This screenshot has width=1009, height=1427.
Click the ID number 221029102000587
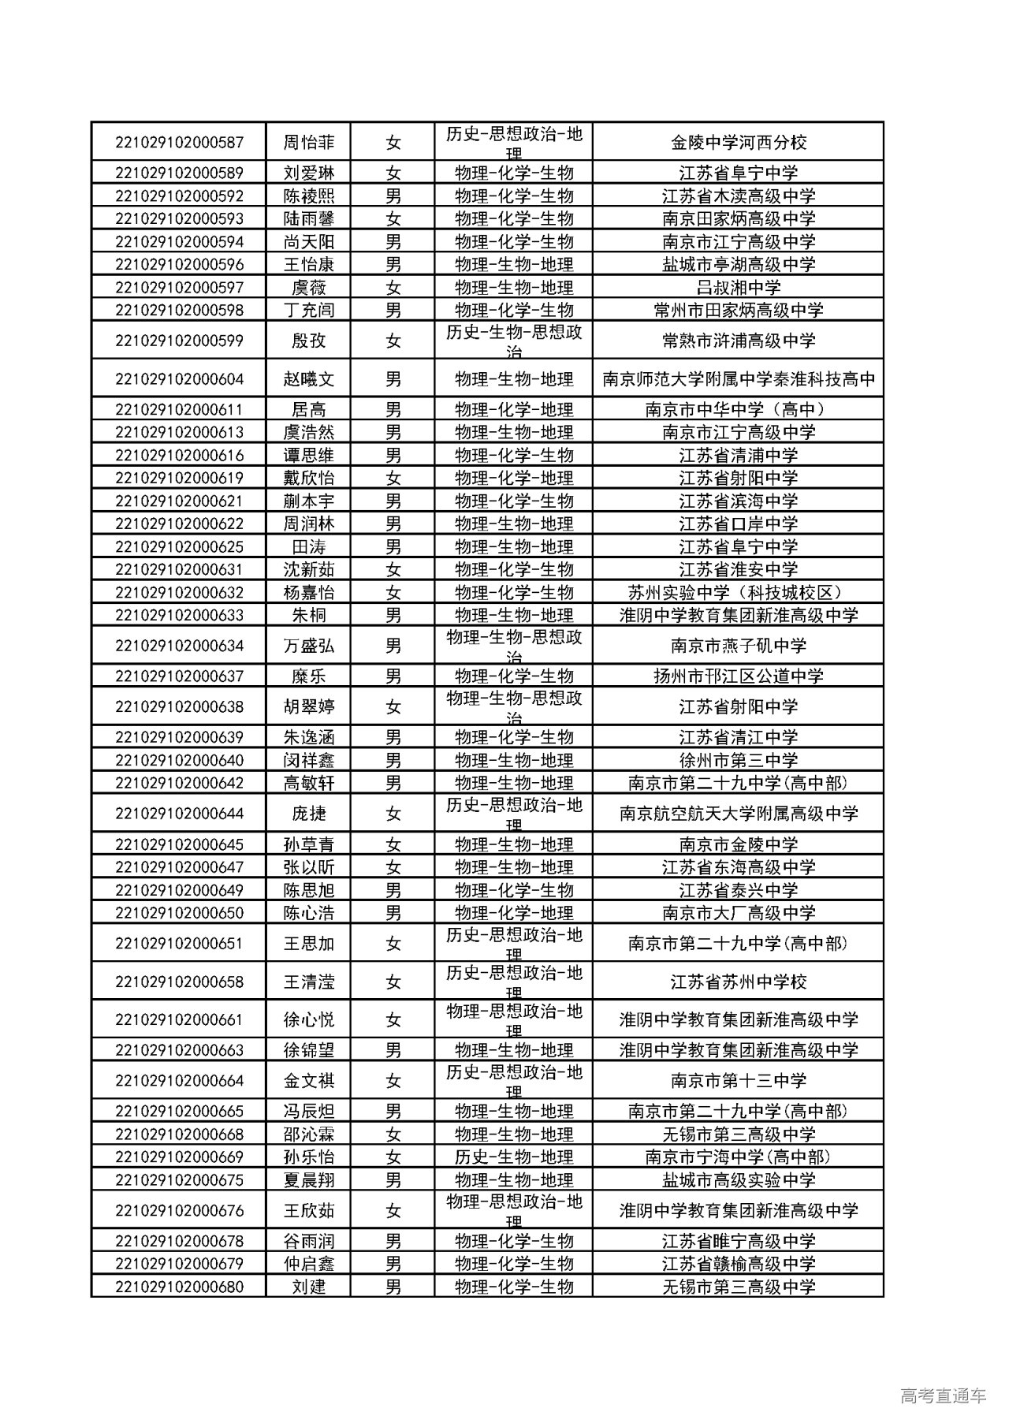coord(179,143)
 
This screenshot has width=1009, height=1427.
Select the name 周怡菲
coord(309,143)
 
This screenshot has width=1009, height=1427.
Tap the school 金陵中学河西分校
coord(739,143)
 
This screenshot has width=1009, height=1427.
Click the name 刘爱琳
coord(309,173)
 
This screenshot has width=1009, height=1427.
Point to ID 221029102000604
coord(179,379)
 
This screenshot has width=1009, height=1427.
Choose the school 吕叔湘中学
coord(739,288)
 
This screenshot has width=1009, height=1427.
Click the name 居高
coord(309,410)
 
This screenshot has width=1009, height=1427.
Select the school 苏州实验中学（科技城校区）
coord(739,593)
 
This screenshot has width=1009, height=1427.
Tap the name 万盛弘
coord(309,646)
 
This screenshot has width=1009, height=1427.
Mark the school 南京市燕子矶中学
coord(739,646)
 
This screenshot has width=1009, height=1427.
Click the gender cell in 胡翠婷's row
coord(393,707)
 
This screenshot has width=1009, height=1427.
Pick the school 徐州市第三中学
coord(739,761)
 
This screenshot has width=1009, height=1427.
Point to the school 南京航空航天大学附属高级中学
coord(739,814)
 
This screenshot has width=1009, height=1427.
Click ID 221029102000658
coord(179,982)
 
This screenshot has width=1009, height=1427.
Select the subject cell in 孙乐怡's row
coord(514,1157)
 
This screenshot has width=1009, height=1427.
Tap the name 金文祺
coord(309,1081)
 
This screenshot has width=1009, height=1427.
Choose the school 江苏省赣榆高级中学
coord(739,1264)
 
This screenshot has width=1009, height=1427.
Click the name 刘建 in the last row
coord(309,1287)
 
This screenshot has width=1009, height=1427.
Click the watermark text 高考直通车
coord(943,1396)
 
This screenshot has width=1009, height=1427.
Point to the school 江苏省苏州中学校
coord(739,982)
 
